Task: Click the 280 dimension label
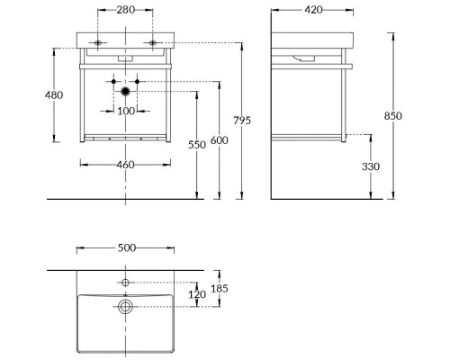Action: [126, 10]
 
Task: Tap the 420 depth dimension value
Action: [313, 10]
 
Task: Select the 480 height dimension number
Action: [54, 95]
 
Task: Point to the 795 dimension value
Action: [242, 121]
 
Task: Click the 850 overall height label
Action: [393, 115]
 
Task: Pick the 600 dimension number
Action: [220, 140]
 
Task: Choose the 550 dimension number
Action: [197, 145]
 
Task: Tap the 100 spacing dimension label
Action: [126, 111]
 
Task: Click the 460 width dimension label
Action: [125, 165]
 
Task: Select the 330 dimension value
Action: [371, 166]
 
